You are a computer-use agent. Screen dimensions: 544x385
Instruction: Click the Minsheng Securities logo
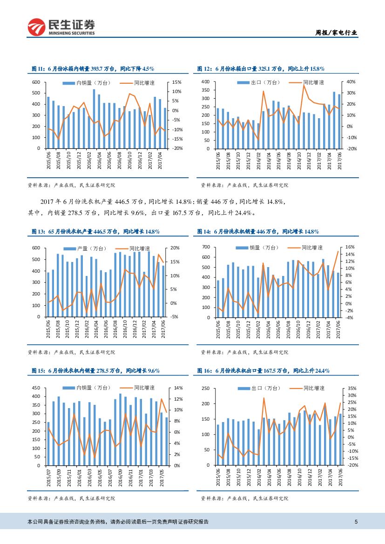[x=61, y=27]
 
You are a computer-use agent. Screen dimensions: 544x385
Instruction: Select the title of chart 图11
[x=93, y=69]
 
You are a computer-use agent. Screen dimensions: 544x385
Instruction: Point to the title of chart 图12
[x=261, y=69]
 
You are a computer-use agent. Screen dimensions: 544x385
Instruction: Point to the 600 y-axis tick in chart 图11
[x=36, y=82]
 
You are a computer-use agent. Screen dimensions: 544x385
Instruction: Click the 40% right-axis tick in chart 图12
[x=338, y=82]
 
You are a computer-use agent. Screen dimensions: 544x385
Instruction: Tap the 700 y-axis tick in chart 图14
[x=208, y=247]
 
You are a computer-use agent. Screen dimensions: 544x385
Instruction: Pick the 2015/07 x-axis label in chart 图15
[x=49, y=479]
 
